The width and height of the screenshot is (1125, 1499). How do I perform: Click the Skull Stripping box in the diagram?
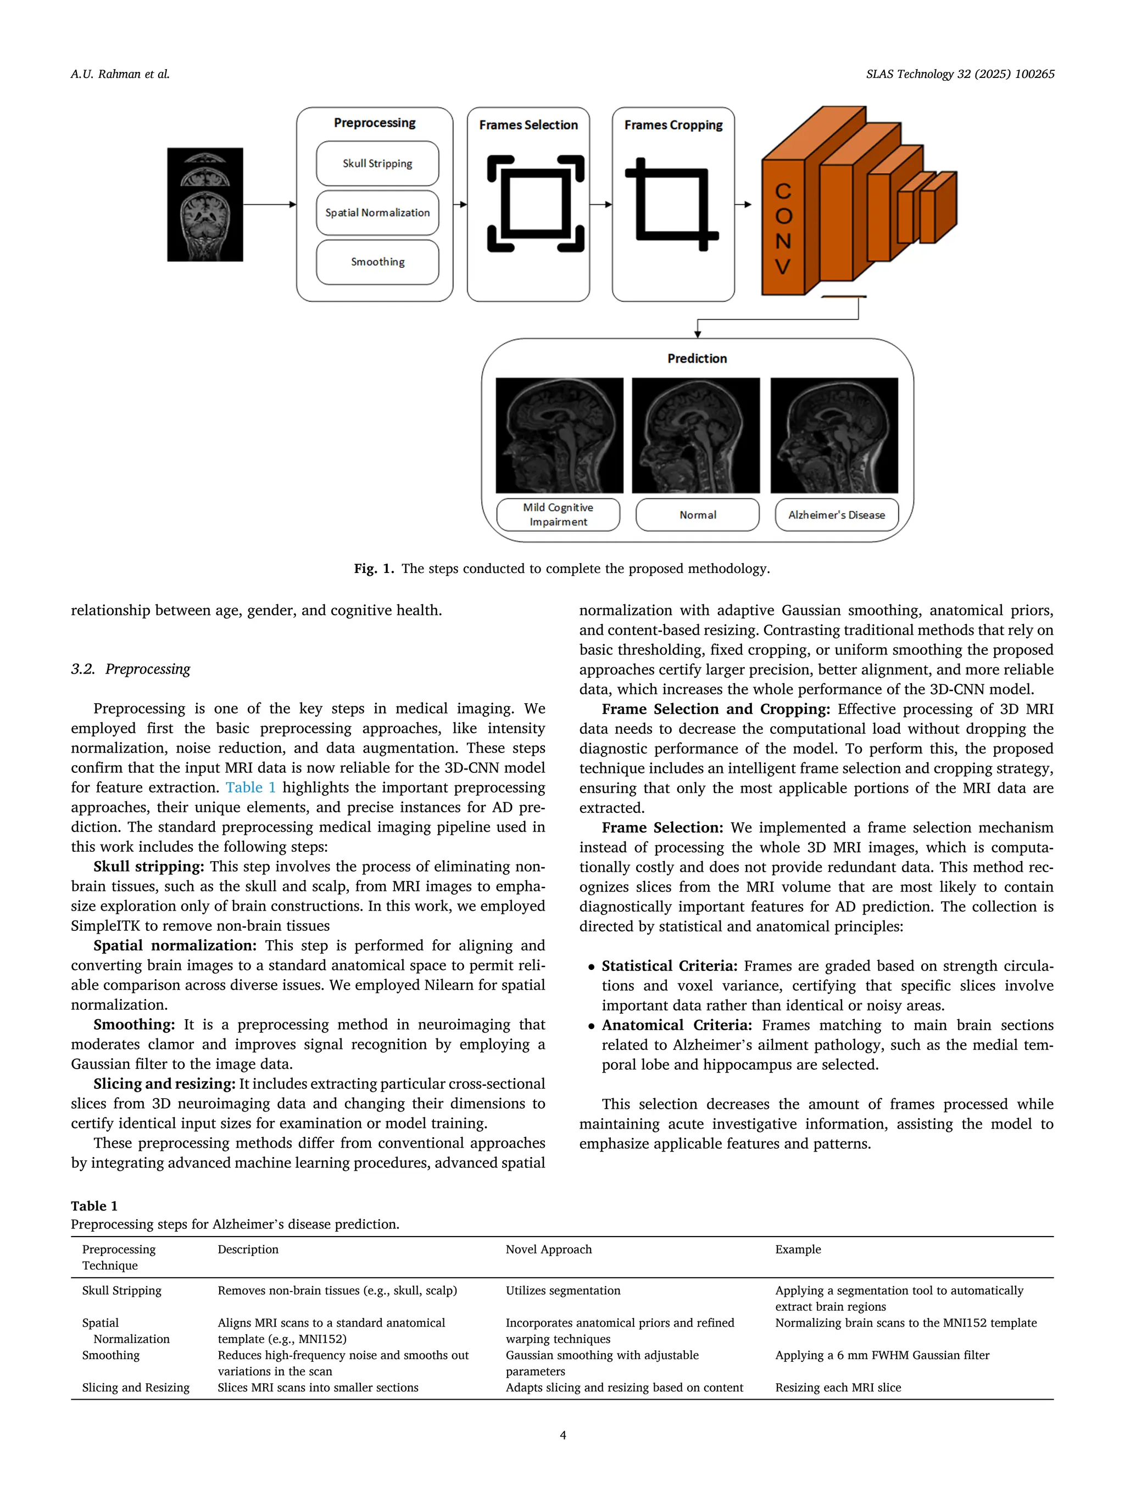click(x=377, y=164)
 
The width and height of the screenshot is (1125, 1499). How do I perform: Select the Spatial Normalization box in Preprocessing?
click(x=377, y=213)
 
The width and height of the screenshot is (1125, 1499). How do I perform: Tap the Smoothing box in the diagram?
click(x=377, y=262)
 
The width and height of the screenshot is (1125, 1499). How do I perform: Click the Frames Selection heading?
click(x=528, y=125)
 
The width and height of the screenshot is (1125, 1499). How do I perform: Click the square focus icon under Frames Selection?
click(x=535, y=203)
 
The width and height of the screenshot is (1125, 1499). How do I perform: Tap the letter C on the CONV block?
click(x=783, y=192)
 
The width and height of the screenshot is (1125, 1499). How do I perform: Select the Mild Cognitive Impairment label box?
click(x=558, y=514)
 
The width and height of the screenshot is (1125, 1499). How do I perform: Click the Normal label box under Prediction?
click(x=697, y=515)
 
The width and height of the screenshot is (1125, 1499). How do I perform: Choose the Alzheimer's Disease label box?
click(x=836, y=515)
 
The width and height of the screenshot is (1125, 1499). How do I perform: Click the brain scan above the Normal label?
click(x=696, y=435)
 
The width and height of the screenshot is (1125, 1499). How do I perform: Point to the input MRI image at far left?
click(x=205, y=205)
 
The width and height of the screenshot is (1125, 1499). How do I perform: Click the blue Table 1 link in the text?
click(x=250, y=788)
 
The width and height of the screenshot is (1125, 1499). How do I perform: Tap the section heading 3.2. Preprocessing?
click(x=130, y=669)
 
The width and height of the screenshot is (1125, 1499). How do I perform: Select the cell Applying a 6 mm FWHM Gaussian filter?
click(x=882, y=1355)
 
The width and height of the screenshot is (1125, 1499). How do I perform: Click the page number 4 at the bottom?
click(x=562, y=1435)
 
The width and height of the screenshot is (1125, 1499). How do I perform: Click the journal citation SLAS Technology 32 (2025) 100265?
click(x=960, y=74)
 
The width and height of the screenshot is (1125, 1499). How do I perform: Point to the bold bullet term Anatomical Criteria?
click(x=676, y=1025)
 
